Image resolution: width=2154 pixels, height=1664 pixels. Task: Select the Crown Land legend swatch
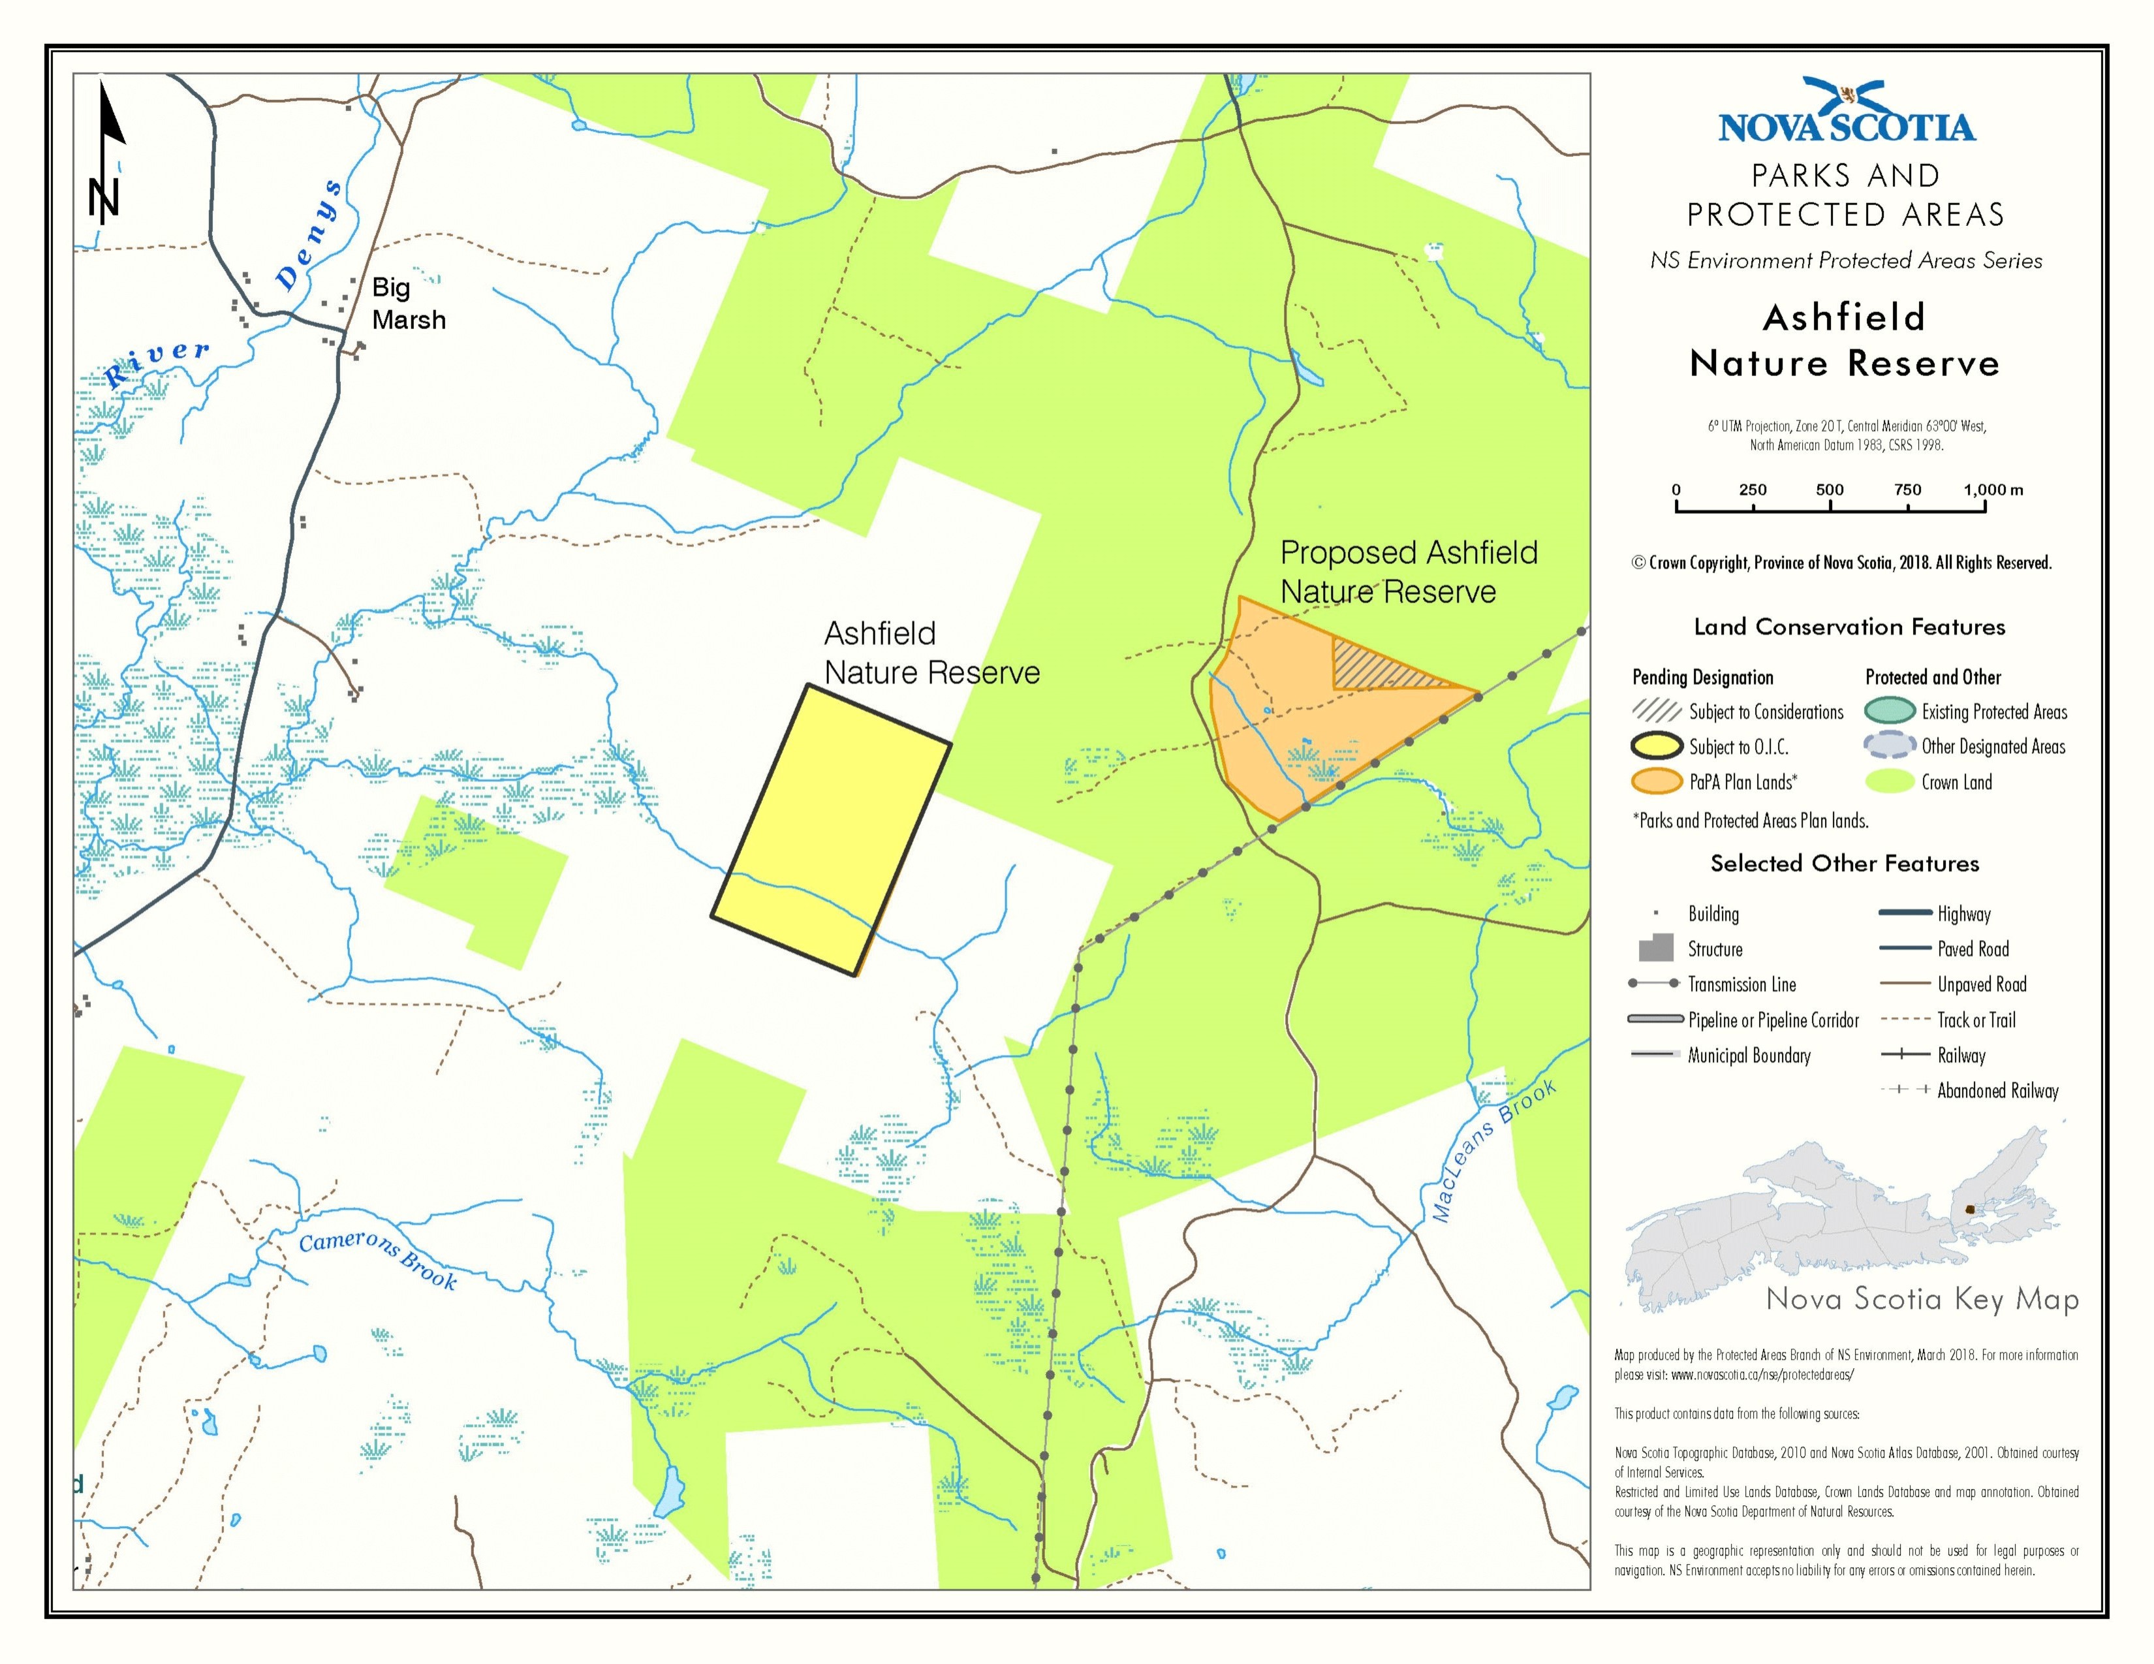coord(1889,782)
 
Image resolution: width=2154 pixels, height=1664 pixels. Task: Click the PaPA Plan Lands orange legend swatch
coord(1656,782)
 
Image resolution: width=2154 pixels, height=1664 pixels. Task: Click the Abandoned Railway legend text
coord(1997,1091)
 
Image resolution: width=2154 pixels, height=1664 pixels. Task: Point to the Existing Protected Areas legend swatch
coord(1889,711)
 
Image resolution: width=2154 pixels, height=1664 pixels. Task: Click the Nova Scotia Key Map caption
coord(1921,1299)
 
